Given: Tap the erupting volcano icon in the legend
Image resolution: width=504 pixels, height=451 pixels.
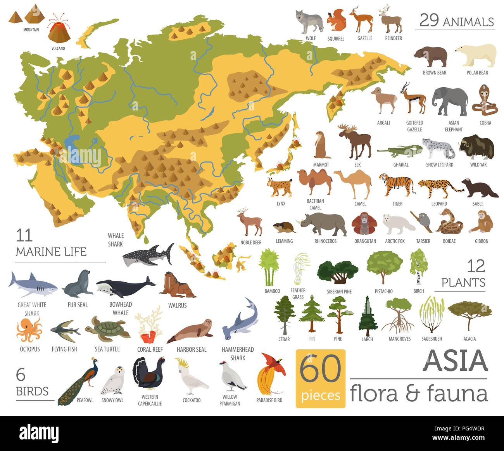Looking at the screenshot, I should (59, 29).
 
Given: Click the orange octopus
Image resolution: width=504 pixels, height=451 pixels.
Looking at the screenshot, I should (28, 329).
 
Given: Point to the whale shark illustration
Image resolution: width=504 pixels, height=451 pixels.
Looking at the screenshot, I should (148, 255).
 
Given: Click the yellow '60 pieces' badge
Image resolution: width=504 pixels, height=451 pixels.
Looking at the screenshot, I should (320, 378).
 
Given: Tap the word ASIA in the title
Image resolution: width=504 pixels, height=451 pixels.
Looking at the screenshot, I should (456, 361).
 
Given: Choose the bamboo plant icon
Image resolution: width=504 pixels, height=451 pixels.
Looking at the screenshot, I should (269, 267).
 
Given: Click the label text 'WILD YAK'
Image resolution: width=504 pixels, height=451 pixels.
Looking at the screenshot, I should (478, 165).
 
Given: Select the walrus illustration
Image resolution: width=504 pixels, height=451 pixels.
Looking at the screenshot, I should (177, 285).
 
